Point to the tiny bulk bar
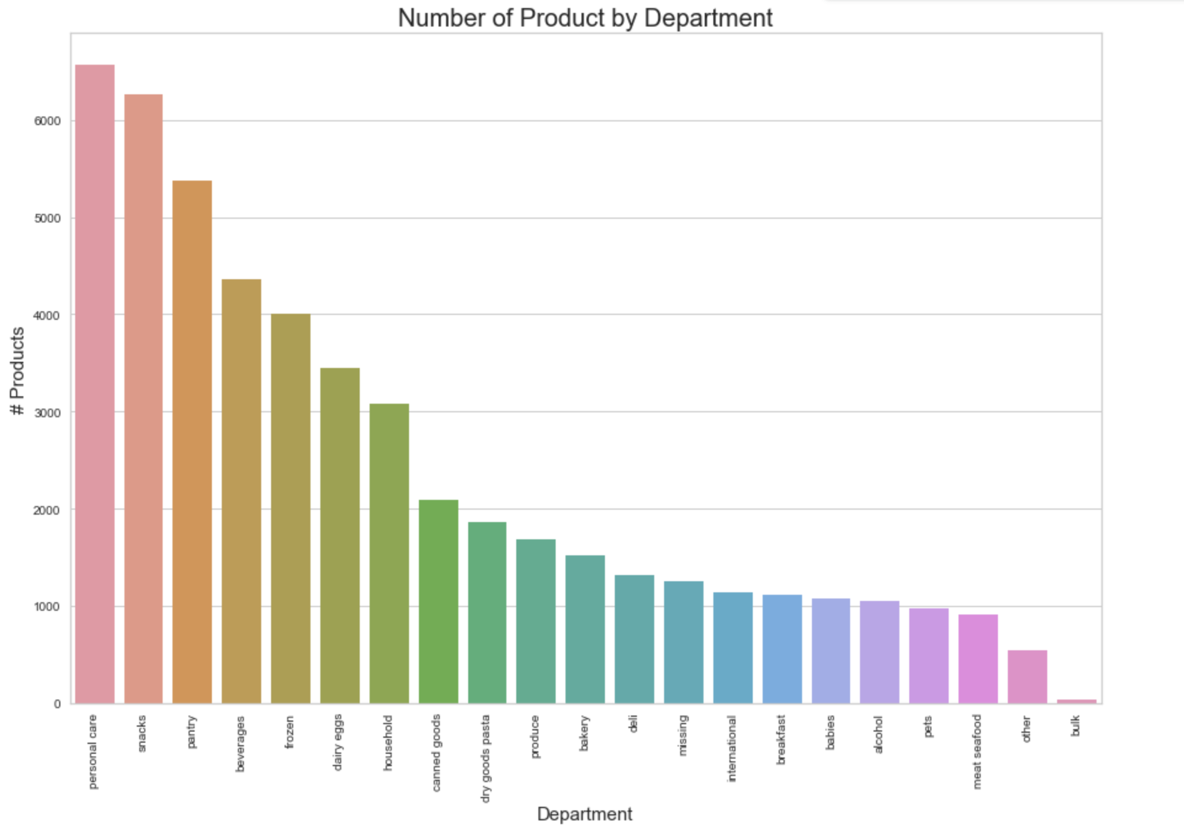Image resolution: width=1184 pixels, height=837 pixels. point(1076,701)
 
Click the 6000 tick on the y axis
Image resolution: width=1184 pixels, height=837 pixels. point(47,121)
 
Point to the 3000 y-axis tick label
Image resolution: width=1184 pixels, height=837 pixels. point(47,413)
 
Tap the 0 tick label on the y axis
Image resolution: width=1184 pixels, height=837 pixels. point(57,704)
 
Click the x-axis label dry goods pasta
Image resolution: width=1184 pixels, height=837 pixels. point(485,758)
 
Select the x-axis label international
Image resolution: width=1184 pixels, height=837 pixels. point(732,748)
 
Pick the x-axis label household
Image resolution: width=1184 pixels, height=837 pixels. point(387,742)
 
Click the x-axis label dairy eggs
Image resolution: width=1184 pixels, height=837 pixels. point(338,742)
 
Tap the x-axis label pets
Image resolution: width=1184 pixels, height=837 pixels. point(928,727)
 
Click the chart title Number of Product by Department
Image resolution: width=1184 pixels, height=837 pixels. point(585,17)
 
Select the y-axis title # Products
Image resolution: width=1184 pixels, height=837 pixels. point(17,371)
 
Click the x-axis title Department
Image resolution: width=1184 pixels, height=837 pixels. point(585,814)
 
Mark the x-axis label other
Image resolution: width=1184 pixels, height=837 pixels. point(1026,729)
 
